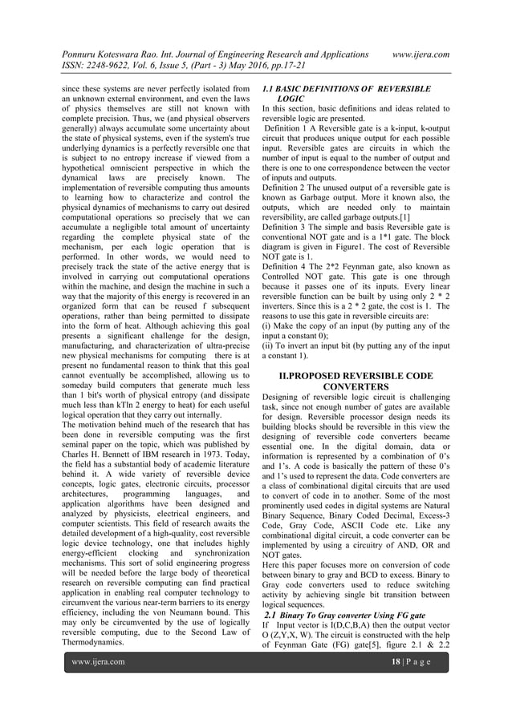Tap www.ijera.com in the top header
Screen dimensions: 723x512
click(x=418, y=55)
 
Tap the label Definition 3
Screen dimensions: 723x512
click(x=291, y=228)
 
